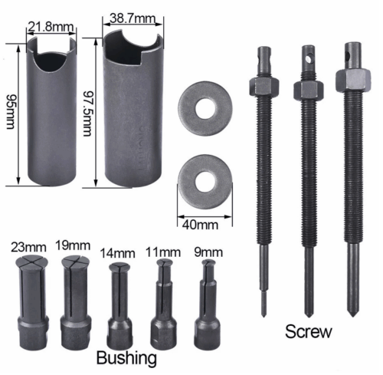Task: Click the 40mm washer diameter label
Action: click(x=201, y=225)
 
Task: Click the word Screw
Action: click(x=309, y=331)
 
